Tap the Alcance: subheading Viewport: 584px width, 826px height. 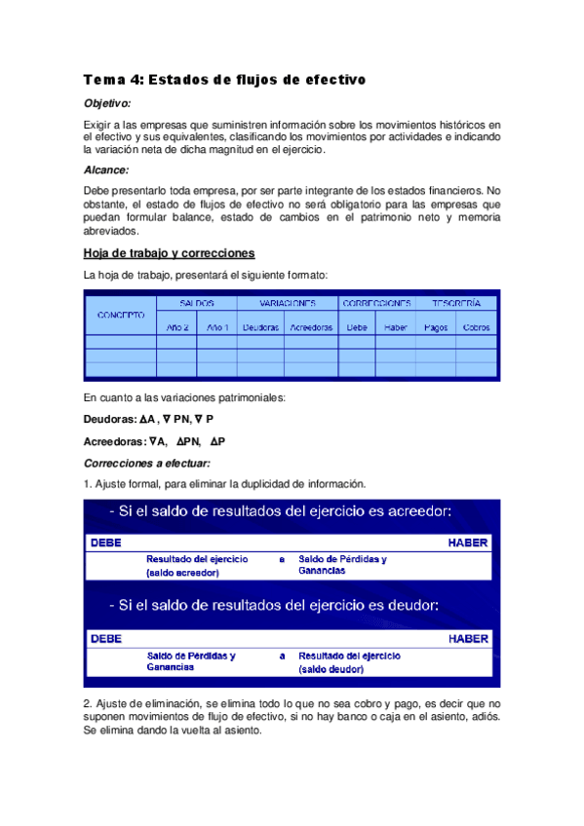coord(105,169)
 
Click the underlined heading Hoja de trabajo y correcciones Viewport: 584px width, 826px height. coord(170,252)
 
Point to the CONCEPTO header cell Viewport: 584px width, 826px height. coord(121,315)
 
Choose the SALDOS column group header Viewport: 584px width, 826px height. coord(196,303)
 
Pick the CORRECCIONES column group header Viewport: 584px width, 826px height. coord(377,303)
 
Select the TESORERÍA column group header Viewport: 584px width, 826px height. coord(455,303)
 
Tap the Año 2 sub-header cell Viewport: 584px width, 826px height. coord(175,327)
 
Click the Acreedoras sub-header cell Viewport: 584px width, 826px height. coord(311,327)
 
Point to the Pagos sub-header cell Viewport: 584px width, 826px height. coord(436,327)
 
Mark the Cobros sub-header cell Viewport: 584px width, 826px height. coord(477,327)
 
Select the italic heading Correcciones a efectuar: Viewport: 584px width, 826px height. coord(147,463)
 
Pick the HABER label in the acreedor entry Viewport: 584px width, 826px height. coord(468,543)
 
